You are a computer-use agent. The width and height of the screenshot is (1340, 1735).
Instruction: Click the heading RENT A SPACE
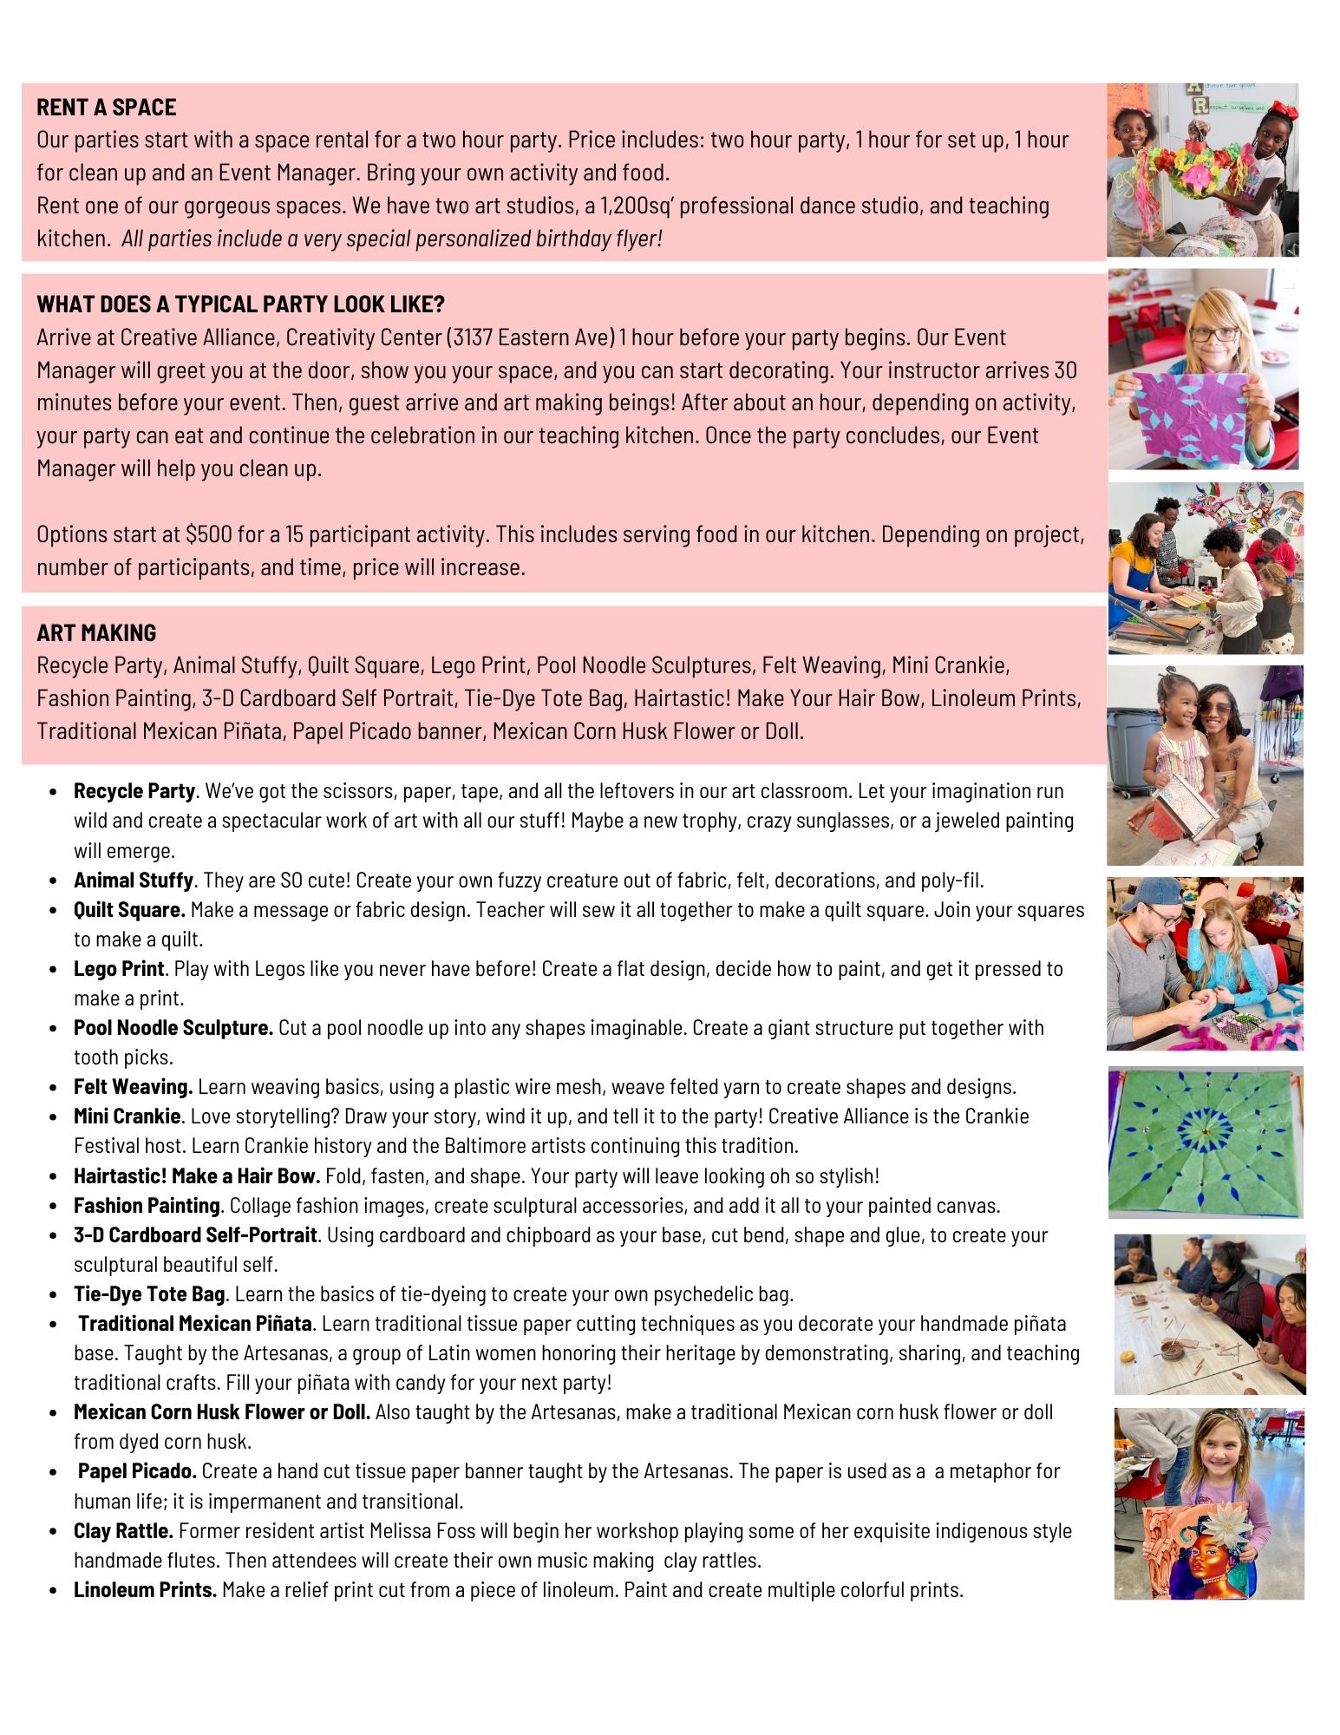(106, 108)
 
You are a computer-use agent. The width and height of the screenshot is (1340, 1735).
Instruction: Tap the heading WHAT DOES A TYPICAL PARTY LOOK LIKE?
(240, 304)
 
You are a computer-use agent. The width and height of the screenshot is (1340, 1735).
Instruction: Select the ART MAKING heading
(96, 633)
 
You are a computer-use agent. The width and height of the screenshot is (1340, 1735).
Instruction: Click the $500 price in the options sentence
(208, 534)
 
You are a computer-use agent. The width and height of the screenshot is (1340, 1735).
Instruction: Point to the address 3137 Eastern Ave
(533, 337)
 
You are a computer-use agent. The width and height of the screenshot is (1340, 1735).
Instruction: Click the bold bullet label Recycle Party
(134, 791)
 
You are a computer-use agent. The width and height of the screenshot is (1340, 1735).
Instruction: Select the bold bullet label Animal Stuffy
(133, 881)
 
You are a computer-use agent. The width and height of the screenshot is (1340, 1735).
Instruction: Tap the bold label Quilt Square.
(129, 910)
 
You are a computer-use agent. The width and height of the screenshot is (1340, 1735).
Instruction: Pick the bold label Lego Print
(119, 969)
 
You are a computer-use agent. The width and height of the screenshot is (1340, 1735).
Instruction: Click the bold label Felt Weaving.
(133, 1087)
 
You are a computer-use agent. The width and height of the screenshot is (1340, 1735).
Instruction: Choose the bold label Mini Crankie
(127, 1116)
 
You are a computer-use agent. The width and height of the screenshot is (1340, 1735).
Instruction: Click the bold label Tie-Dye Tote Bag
(149, 1294)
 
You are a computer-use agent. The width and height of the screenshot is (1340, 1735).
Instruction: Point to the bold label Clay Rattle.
(123, 1531)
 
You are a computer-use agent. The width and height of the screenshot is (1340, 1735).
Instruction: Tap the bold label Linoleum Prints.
(145, 1590)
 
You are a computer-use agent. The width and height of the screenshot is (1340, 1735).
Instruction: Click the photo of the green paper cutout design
(1206, 1142)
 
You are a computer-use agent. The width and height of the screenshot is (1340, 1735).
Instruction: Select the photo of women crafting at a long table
(1209, 1313)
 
